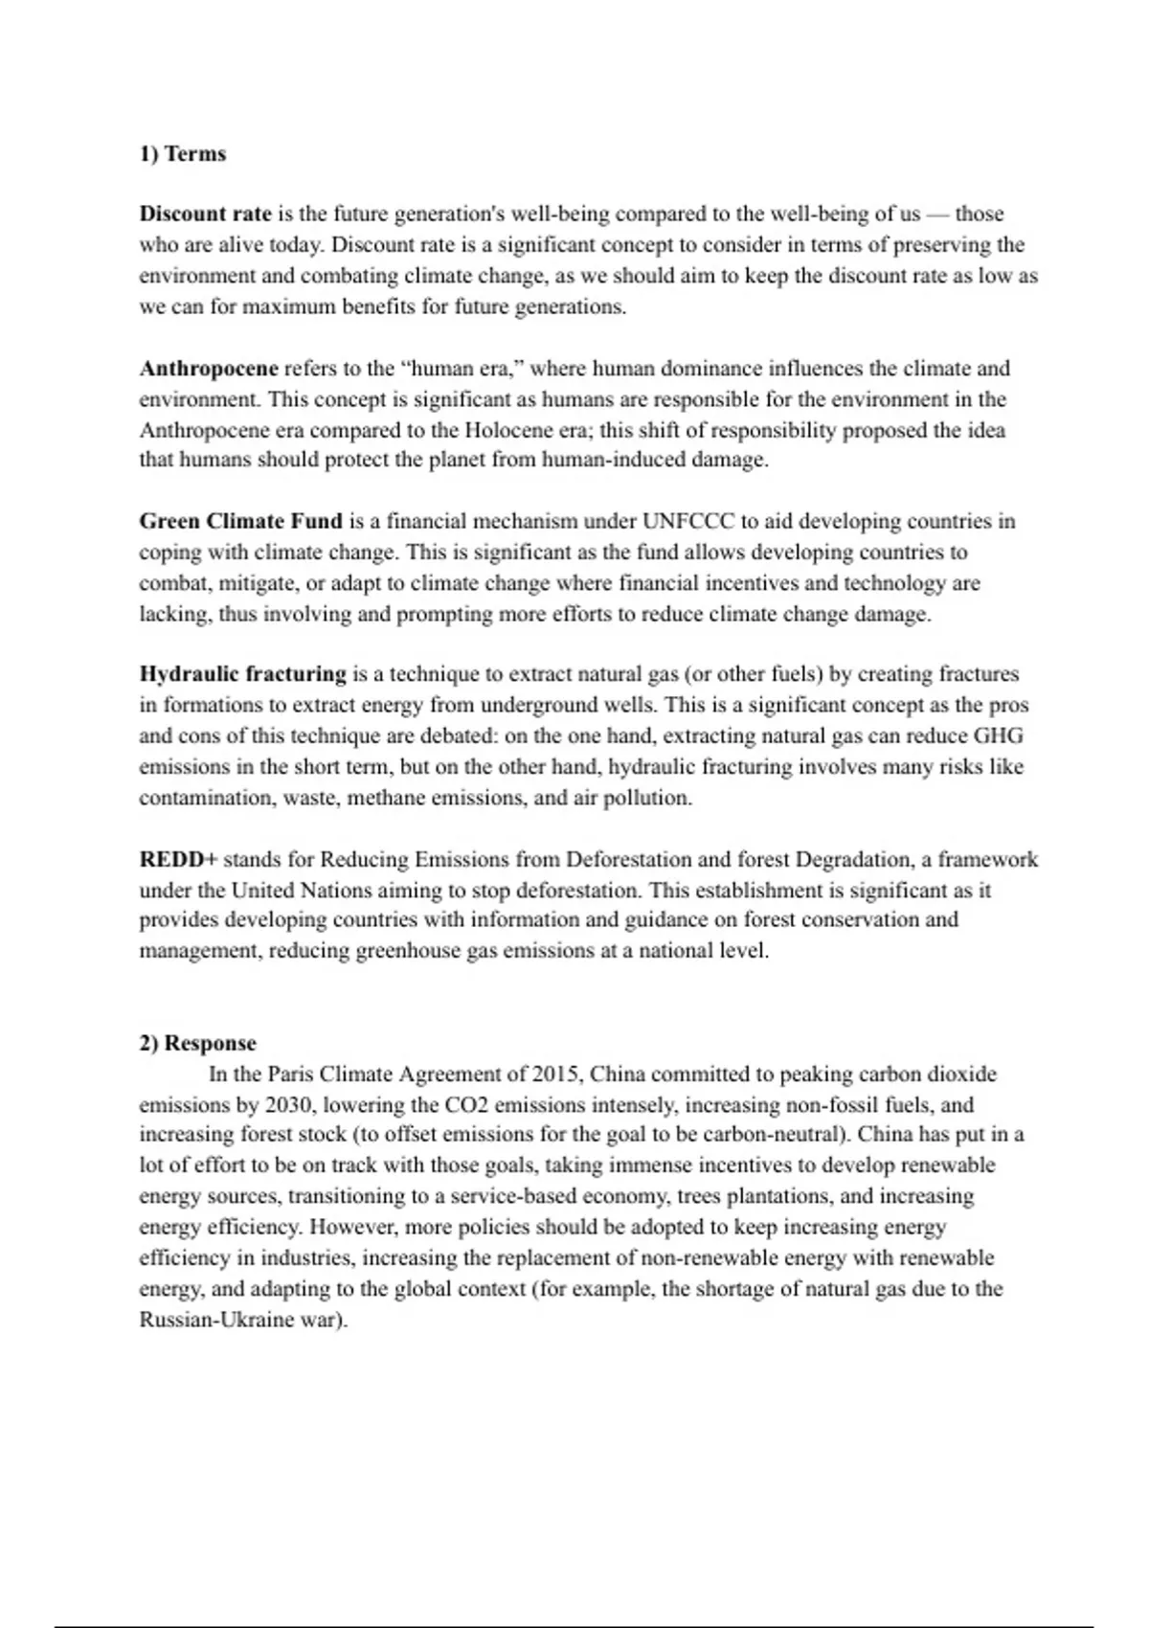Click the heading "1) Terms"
(183, 154)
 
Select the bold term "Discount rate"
(205, 214)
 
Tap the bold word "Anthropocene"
(209, 369)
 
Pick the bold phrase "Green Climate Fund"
(240, 522)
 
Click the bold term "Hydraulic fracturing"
(242, 674)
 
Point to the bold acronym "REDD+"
(178, 859)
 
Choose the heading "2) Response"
(198, 1043)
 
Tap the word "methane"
(387, 798)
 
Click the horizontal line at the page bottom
(574, 1626)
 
